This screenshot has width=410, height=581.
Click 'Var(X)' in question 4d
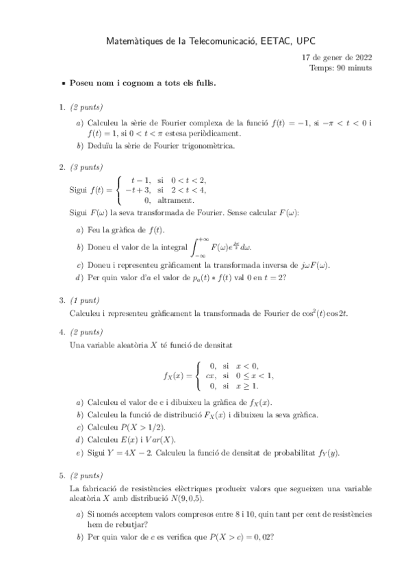pos(161,439)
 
